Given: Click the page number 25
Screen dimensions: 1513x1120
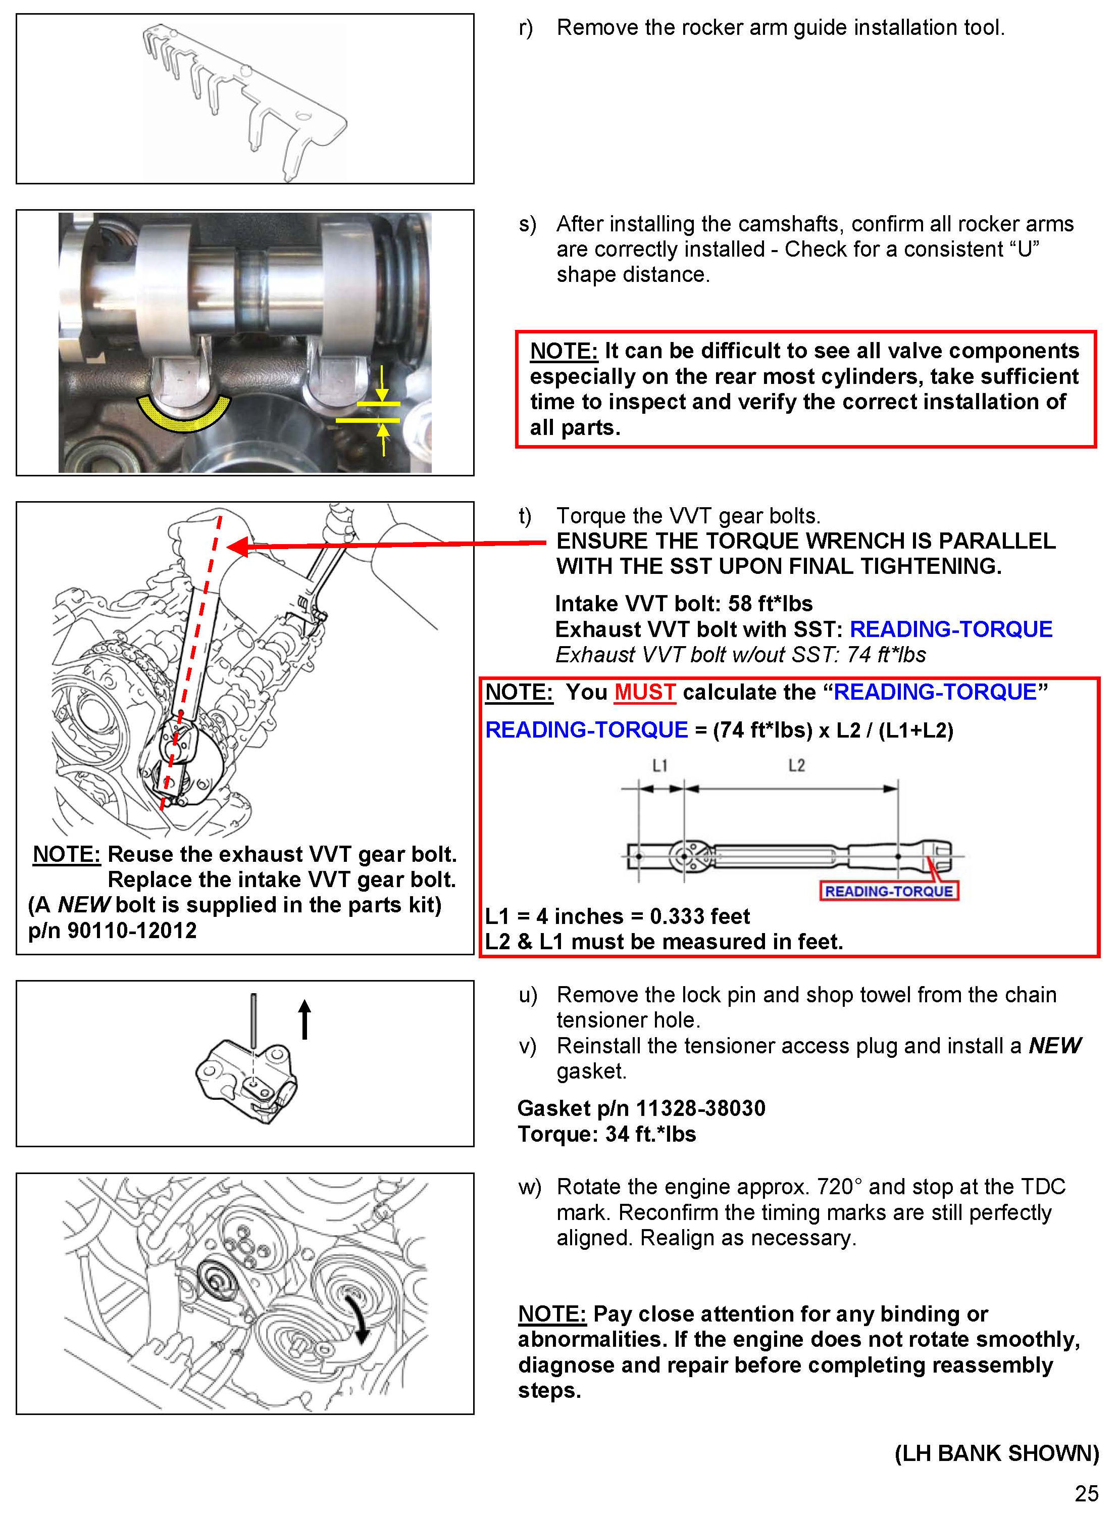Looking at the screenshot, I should pyautogui.click(x=1086, y=1493).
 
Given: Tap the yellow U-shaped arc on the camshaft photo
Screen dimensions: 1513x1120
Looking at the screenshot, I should pyautogui.click(x=184, y=416).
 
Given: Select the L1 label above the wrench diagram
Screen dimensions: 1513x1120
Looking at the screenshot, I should pyautogui.click(x=659, y=766).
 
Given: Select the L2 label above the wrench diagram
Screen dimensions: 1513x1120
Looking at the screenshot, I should pyautogui.click(x=797, y=766).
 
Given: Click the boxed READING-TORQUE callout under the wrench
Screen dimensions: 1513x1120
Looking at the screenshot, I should pyautogui.click(x=889, y=891).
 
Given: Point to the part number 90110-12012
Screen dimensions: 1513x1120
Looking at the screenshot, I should pyautogui.click(x=132, y=931).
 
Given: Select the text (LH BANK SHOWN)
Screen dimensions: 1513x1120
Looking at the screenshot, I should pyautogui.click(x=997, y=1453).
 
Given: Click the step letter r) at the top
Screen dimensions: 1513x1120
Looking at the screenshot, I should pyautogui.click(x=526, y=28).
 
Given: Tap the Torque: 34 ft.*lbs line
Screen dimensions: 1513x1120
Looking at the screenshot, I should pyautogui.click(x=607, y=1134).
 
